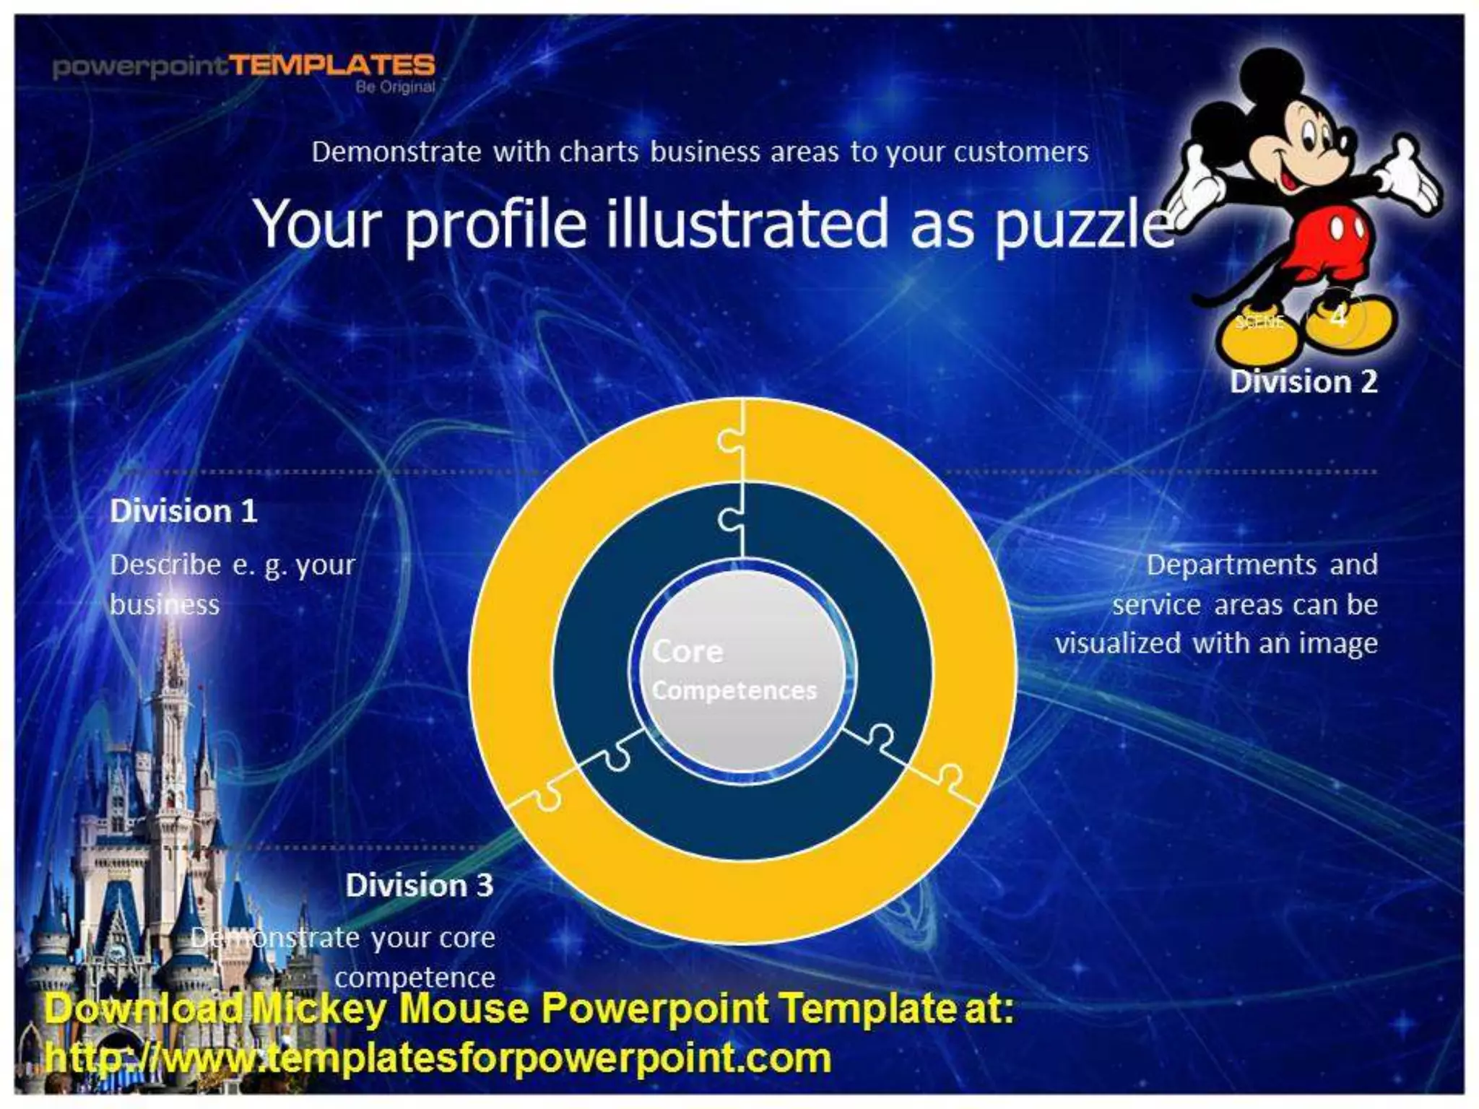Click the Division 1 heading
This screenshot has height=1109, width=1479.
(183, 511)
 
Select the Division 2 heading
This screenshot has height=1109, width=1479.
(1304, 382)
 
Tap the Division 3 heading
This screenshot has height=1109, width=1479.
(419, 885)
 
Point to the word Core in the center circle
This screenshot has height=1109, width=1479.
(687, 652)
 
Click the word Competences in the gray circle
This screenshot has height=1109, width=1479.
(734, 691)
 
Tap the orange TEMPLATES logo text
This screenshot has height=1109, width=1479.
(333, 66)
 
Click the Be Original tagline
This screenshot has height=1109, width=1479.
(395, 87)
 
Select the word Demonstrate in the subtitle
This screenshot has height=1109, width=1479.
(396, 152)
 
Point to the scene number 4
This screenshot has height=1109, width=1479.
(1338, 316)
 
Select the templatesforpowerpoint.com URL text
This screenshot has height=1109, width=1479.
(438, 1058)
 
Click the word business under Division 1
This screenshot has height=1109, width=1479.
(165, 604)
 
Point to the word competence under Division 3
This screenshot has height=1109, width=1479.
(415, 978)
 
